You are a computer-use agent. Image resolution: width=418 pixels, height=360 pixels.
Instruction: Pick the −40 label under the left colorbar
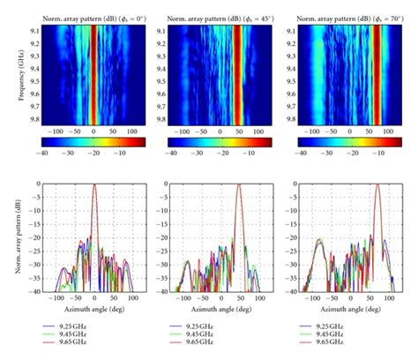coord(44,151)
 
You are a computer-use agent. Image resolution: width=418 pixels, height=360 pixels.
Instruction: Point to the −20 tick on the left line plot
coord(34,240)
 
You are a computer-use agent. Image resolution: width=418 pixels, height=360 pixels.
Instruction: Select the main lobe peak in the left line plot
coord(94,184)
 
